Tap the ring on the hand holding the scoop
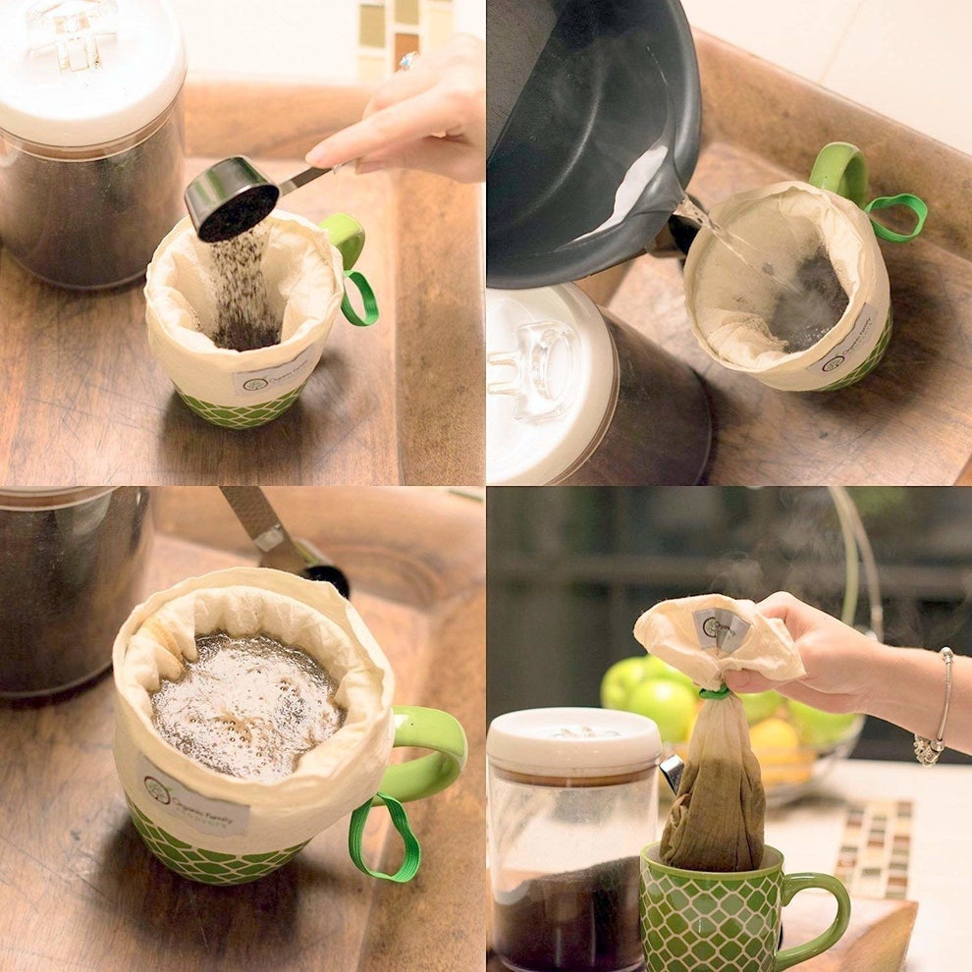(x=407, y=61)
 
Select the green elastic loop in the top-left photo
(x=360, y=298)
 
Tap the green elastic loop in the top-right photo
(x=897, y=215)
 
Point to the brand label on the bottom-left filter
(x=191, y=795)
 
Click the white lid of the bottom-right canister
(x=573, y=737)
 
